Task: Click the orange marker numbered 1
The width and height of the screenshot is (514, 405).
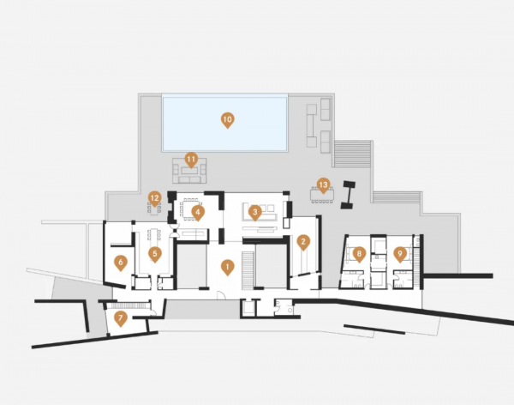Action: tap(227, 268)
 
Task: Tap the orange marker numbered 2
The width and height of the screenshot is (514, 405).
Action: tap(303, 243)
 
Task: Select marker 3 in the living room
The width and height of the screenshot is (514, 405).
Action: tap(255, 213)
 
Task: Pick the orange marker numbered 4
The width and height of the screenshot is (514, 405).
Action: tap(198, 213)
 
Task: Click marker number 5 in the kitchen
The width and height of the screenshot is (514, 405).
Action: tap(155, 255)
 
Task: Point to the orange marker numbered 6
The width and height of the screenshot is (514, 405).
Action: tap(121, 263)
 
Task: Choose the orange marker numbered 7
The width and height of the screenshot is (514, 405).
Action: tap(121, 319)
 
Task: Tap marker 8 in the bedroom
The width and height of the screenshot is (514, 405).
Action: tap(359, 255)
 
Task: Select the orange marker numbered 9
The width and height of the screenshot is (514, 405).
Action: tap(399, 255)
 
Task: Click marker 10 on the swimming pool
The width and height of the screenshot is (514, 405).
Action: tap(228, 120)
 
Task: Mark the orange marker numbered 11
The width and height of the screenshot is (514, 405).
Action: tap(191, 160)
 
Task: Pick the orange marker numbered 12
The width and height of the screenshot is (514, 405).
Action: tap(155, 199)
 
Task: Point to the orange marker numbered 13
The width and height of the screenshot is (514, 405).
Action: tap(323, 185)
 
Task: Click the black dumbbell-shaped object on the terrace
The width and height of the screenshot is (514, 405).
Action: tap(348, 195)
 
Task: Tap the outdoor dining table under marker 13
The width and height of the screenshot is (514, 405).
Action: tap(323, 195)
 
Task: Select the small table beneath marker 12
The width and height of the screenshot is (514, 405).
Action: tap(154, 209)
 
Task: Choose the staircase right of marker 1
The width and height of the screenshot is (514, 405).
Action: tap(248, 270)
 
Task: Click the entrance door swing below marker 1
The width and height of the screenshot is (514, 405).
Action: tap(221, 295)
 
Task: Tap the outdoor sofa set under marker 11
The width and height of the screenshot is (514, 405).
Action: tap(190, 170)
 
